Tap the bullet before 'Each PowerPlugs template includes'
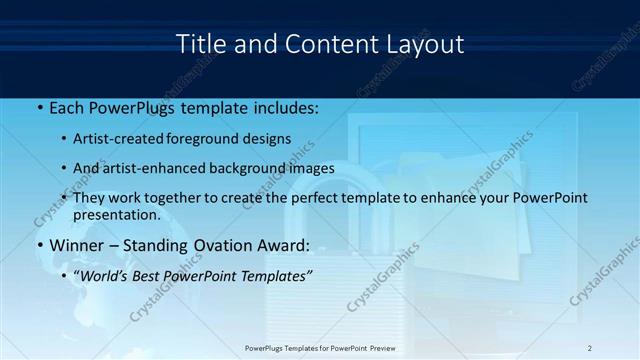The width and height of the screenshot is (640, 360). coord(39,106)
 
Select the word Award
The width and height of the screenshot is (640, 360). coord(282,245)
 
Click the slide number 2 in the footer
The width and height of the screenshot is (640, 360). coord(590,348)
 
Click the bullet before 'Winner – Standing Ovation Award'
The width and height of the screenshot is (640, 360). coord(39,245)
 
